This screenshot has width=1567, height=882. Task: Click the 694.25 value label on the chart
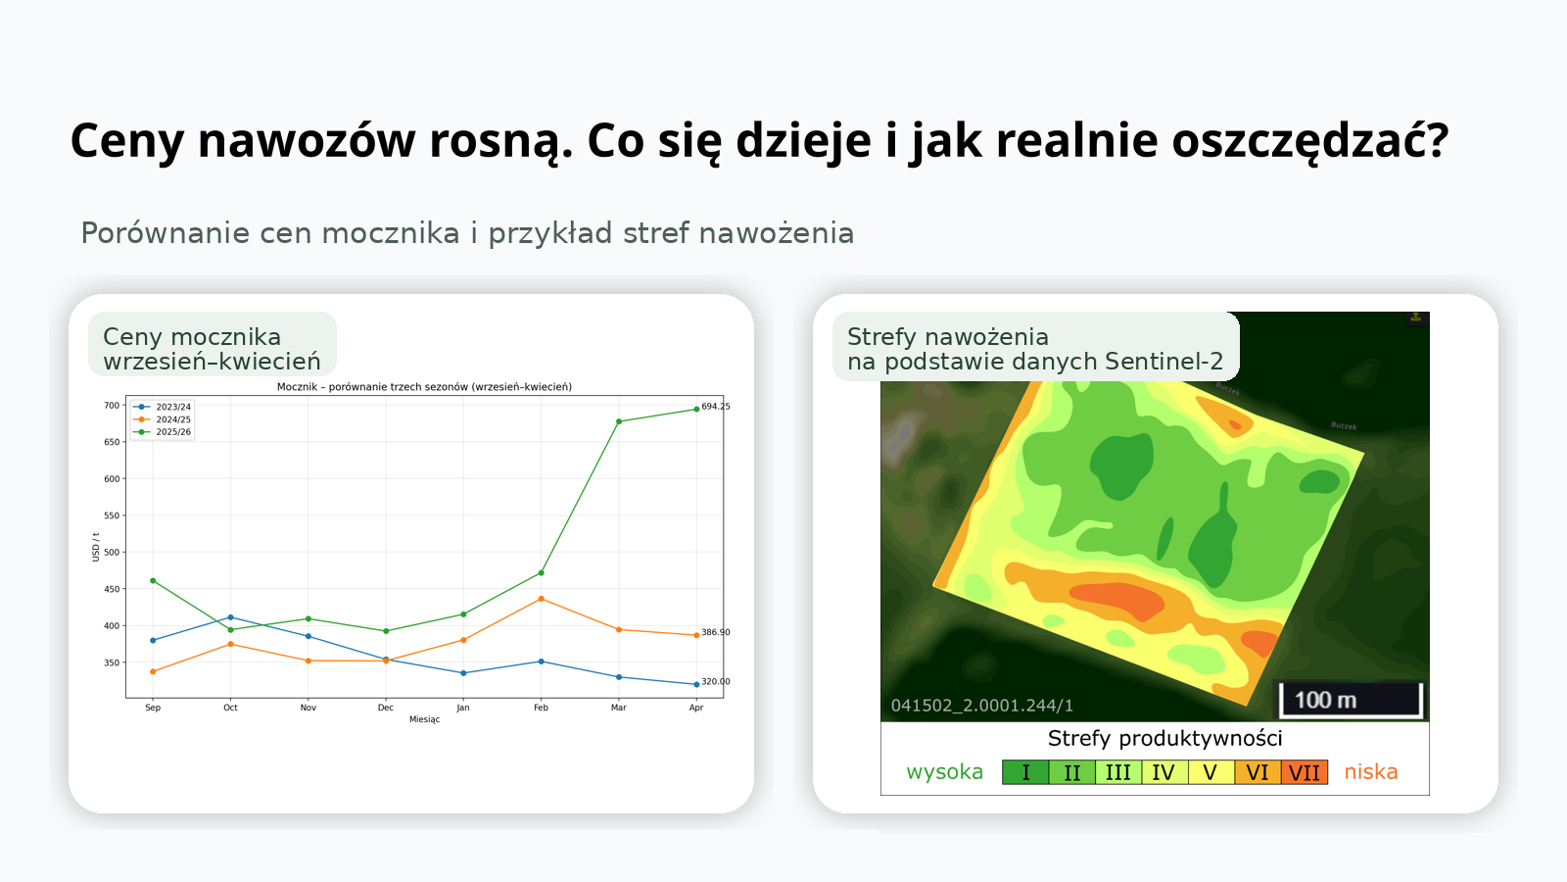[x=716, y=406]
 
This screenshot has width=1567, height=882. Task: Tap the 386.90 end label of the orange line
[x=716, y=632]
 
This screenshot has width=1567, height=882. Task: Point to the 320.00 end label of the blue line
[x=716, y=681]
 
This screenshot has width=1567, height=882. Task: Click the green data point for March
[x=619, y=421]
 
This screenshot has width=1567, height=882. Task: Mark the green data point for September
[x=153, y=580]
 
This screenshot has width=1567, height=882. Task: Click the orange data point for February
[x=542, y=599]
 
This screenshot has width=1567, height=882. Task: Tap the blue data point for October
[x=230, y=617]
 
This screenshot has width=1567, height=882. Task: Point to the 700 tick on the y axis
[x=112, y=406]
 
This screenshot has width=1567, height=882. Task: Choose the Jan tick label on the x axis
[x=463, y=708]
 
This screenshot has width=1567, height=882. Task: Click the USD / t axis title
[x=96, y=547]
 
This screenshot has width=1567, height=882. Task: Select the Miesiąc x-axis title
[x=424, y=719]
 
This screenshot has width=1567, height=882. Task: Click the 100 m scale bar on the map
[x=1351, y=700]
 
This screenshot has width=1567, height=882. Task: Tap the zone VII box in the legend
[x=1305, y=772]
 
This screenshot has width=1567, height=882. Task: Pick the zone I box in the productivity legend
[x=1025, y=772]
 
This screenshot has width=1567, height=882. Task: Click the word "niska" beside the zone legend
[x=1370, y=771]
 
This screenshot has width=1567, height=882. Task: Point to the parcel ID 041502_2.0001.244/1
[x=981, y=706]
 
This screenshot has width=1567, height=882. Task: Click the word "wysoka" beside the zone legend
[x=944, y=771]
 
